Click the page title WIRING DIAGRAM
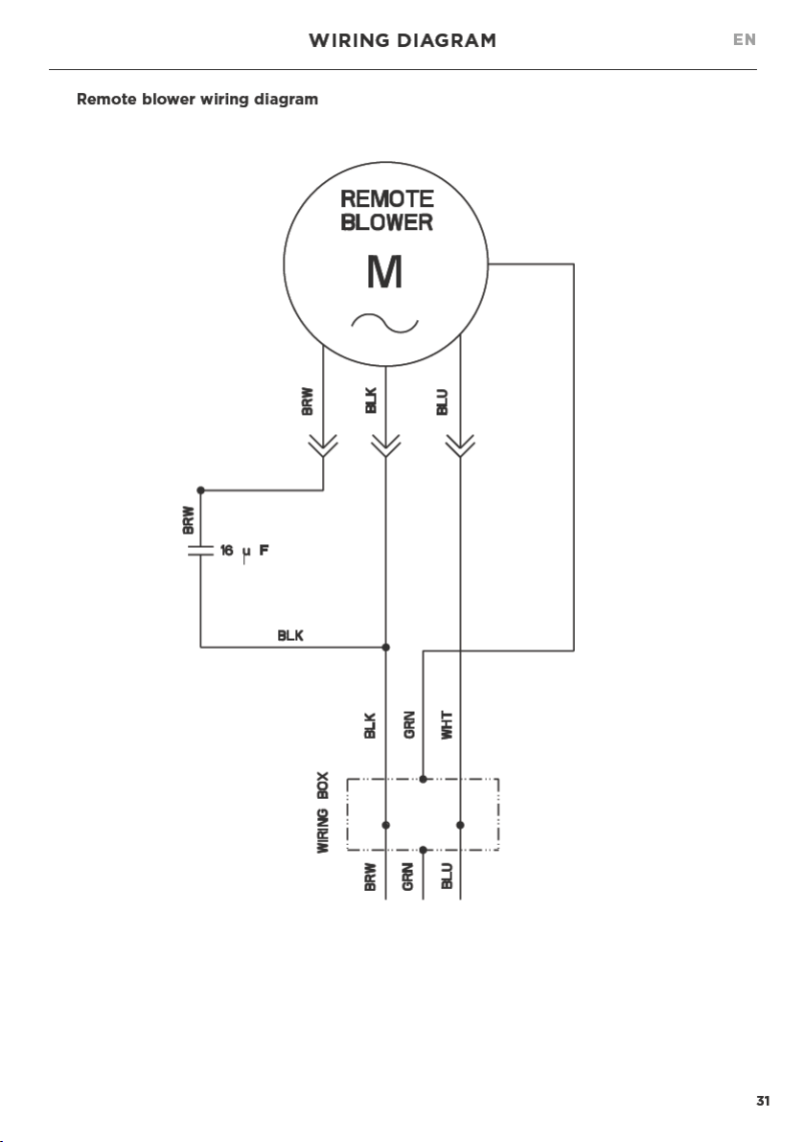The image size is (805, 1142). point(402,41)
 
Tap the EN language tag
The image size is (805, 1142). point(745,40)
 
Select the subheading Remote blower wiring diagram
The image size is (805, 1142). point(197,99)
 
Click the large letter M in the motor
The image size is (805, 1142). point(384,272)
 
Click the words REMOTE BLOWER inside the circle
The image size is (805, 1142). point(387,211)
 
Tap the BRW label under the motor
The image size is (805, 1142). point(308,401)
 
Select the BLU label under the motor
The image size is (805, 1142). point(442,402)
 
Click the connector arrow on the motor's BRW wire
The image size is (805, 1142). point(324,445)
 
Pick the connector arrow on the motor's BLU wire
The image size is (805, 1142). point(460,445)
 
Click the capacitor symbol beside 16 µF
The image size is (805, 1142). point(200,550)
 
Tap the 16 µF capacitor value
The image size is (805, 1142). point(244,551)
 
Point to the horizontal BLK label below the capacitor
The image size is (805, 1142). point(290,636)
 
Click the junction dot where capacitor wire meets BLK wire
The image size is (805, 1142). point(386,647)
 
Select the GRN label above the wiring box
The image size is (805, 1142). point(409,725)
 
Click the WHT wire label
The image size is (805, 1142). point(448,725)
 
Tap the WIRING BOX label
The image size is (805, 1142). point(323,812)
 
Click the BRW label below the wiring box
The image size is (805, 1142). point(370,877)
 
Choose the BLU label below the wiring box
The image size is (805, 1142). point(447,877)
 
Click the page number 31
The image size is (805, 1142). point(763,1101)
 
